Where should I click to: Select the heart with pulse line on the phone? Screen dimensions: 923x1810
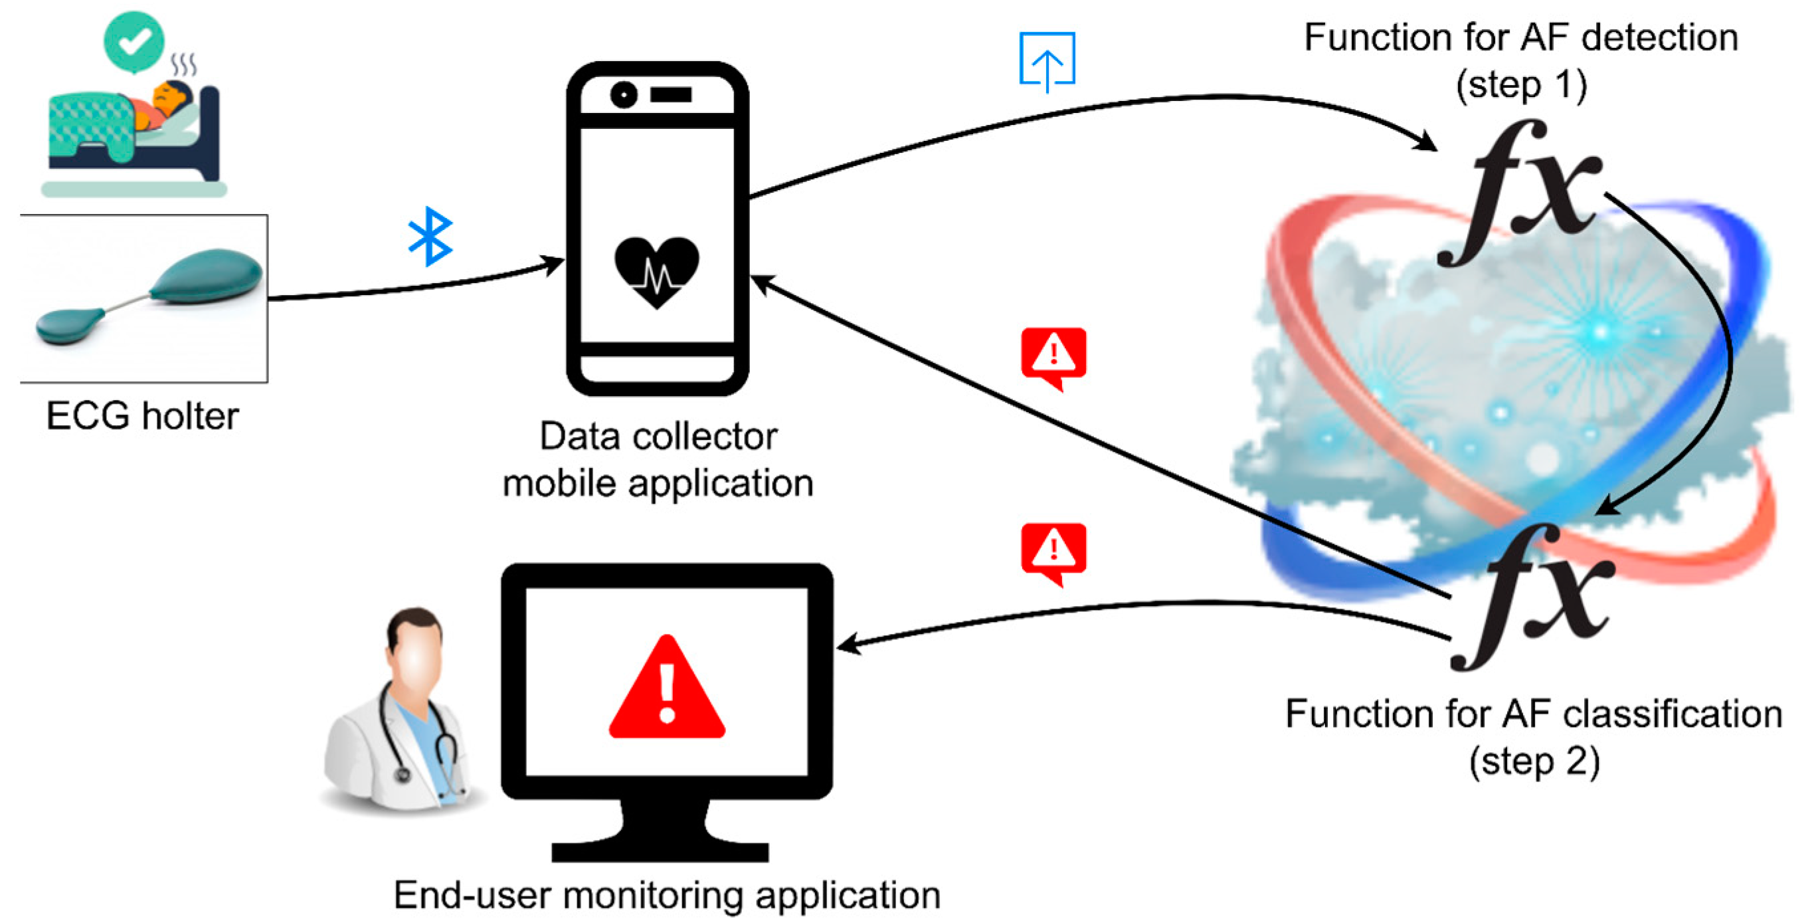(656, 271)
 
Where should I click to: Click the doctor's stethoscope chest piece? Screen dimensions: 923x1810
(403, 775)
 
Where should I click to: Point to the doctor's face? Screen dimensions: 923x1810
(416, 657)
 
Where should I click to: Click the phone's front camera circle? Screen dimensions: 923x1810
(623, 94)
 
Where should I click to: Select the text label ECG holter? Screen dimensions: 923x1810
(142, 416)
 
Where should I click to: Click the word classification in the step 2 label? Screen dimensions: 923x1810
(1673, 714)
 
